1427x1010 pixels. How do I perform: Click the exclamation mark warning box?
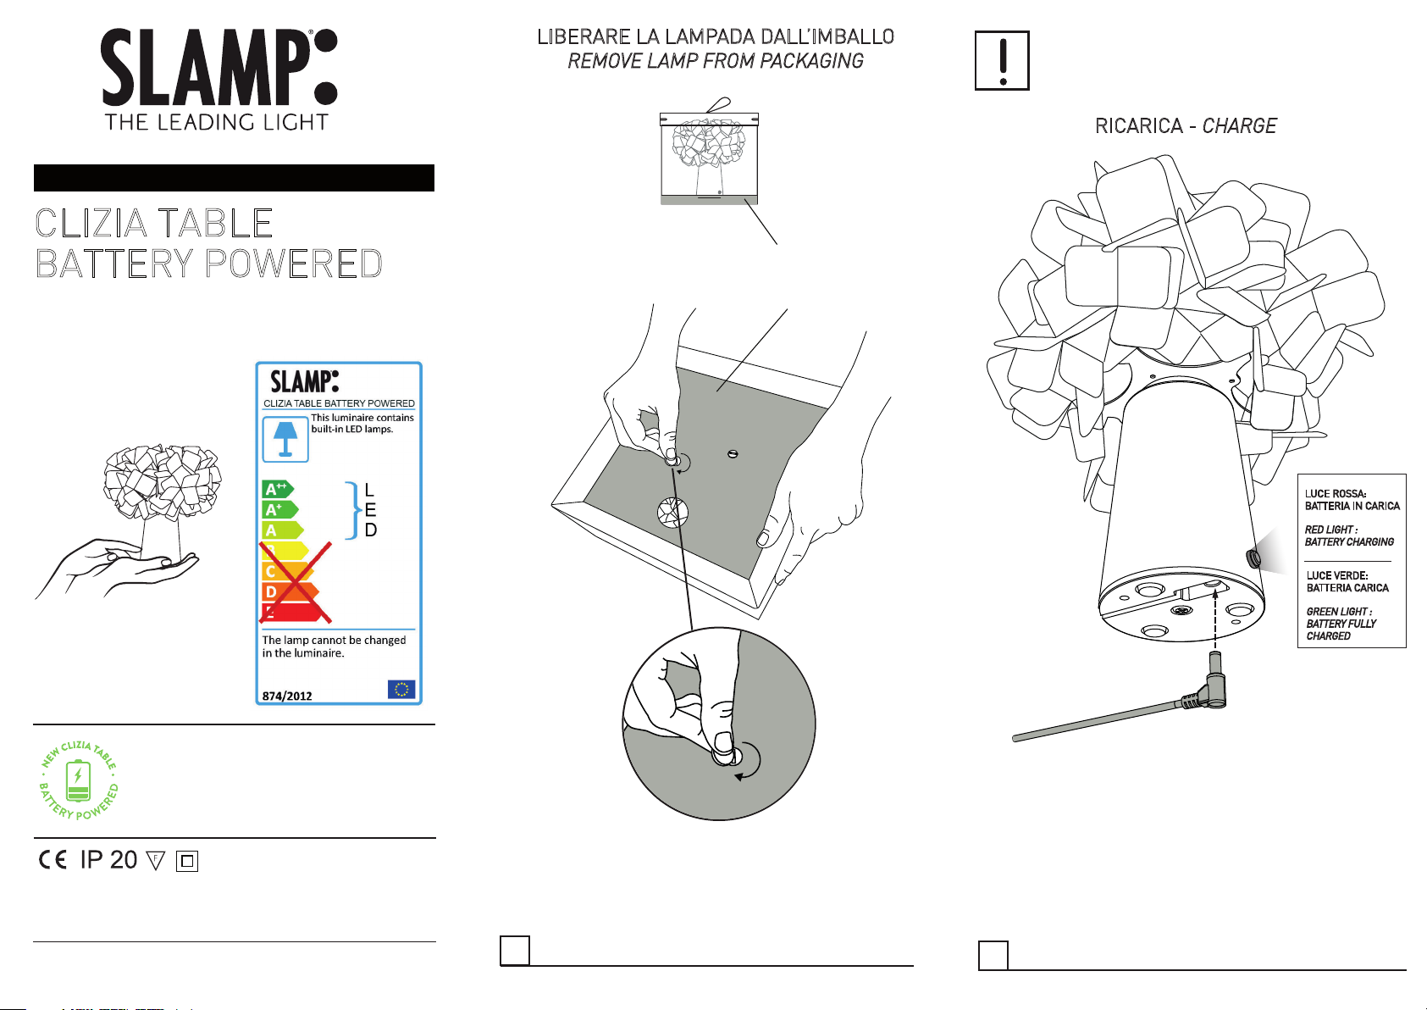1002,60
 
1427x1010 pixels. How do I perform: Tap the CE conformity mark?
53,860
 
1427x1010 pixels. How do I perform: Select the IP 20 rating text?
108,860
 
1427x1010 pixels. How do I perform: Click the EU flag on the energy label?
401,689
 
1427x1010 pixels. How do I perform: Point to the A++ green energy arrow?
278,489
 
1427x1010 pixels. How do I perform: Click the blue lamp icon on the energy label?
285,439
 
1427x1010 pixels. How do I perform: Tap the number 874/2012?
287,696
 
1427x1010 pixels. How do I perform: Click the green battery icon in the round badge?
79,780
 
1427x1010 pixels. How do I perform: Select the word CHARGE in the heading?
1239,125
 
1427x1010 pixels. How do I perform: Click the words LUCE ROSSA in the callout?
1336,493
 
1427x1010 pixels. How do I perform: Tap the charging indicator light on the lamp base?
1253,559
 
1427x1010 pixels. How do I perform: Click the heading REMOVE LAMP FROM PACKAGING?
716,60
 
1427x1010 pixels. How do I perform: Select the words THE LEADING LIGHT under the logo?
217,122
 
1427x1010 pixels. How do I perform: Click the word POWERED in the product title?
294,264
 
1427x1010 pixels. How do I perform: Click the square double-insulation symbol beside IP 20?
186,861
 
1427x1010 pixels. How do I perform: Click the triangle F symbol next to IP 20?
156,861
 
